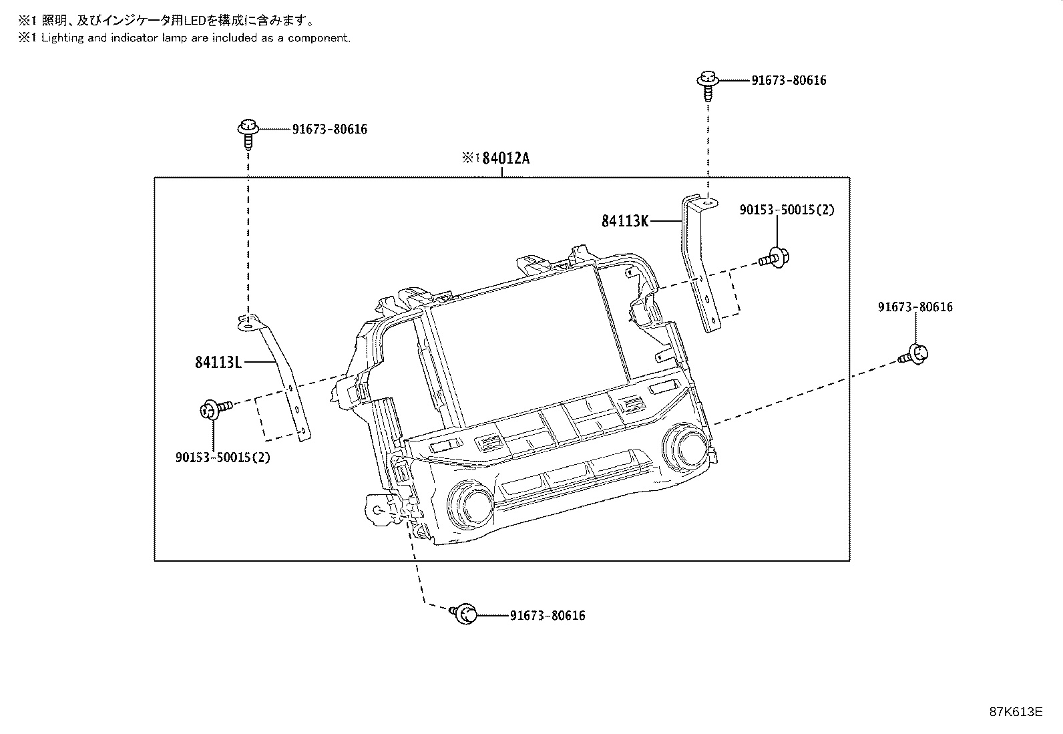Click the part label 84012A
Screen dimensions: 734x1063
click(505, 159)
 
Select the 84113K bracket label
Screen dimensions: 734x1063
click(624, 220)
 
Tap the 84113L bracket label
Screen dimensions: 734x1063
click(218, 362)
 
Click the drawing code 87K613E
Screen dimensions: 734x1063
click(1016, 711)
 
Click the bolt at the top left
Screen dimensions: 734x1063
click(248, 131)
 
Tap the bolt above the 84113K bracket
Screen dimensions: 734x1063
click(707, 83)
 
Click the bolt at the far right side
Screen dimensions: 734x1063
click(916, 354)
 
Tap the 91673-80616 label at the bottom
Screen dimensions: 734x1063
click(547, 616)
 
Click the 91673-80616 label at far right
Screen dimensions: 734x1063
click(915, 307)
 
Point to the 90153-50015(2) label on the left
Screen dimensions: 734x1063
click(223, 457)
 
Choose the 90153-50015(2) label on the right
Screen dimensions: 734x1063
click(787, 210)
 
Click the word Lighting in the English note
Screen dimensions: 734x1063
click(62, 38)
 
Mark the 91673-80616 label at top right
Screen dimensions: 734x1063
click(789, 81)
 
